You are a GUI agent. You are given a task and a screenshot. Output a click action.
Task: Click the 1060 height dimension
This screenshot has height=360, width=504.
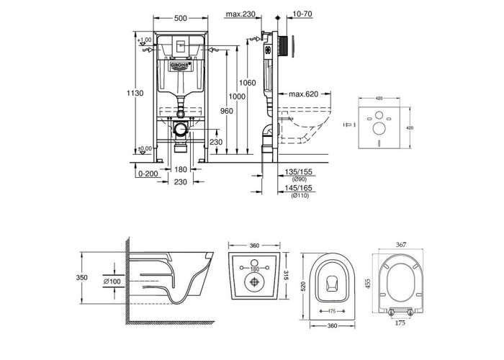(x=248, y=84)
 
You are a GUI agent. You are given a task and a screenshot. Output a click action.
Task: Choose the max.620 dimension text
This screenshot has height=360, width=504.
(x=306, y=95)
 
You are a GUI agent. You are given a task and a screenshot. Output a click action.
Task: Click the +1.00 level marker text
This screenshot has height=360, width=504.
(x=145, y=40)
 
